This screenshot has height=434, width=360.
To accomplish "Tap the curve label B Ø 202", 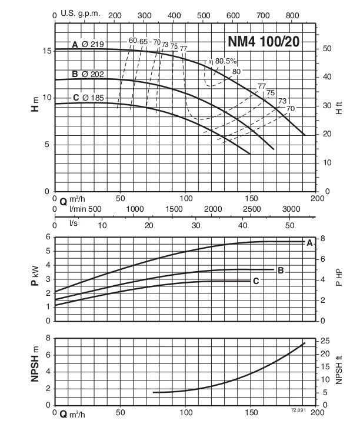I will (x=88, y=74).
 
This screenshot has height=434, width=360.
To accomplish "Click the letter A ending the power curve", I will (x=309, y=242).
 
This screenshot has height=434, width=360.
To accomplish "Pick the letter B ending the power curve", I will (x=281, y=271).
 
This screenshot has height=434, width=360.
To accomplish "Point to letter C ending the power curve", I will (x=256, y=281).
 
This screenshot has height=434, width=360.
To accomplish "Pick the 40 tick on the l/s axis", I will (x=243, y=224).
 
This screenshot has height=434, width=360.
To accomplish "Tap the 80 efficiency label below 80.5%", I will (x=236, y=72).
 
